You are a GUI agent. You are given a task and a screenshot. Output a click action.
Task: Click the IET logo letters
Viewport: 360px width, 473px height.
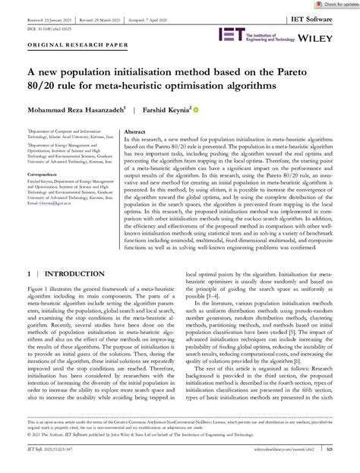[x=229, y=34]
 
